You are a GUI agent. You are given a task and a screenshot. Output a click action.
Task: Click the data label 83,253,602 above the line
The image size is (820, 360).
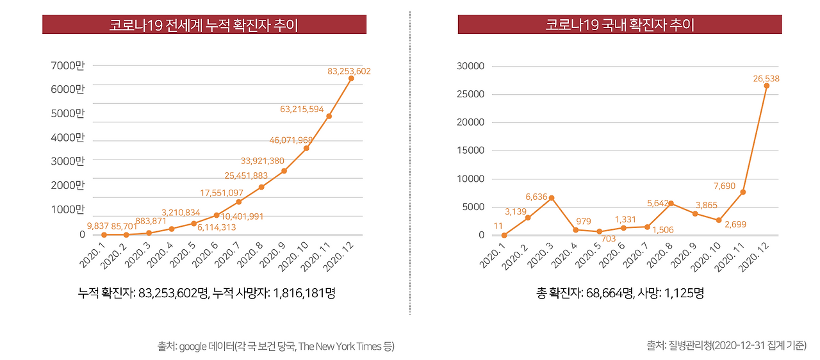click(348, 71)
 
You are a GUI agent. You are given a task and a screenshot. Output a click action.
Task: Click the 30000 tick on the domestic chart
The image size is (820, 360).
click(470, 66)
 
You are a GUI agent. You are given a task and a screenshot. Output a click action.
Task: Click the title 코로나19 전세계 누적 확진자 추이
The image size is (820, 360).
click(204, 25)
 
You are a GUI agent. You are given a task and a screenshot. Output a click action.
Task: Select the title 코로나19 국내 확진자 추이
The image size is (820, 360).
click(619, 25)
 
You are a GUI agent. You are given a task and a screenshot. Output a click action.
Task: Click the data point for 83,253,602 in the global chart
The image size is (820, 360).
click(351, 79)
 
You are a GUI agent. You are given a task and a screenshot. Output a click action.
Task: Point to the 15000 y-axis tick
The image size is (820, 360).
click(470, 151)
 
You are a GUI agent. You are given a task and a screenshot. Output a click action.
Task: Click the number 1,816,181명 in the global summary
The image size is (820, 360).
click(305, 293)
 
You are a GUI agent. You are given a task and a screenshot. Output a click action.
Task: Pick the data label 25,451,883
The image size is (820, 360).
click(246, 176)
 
